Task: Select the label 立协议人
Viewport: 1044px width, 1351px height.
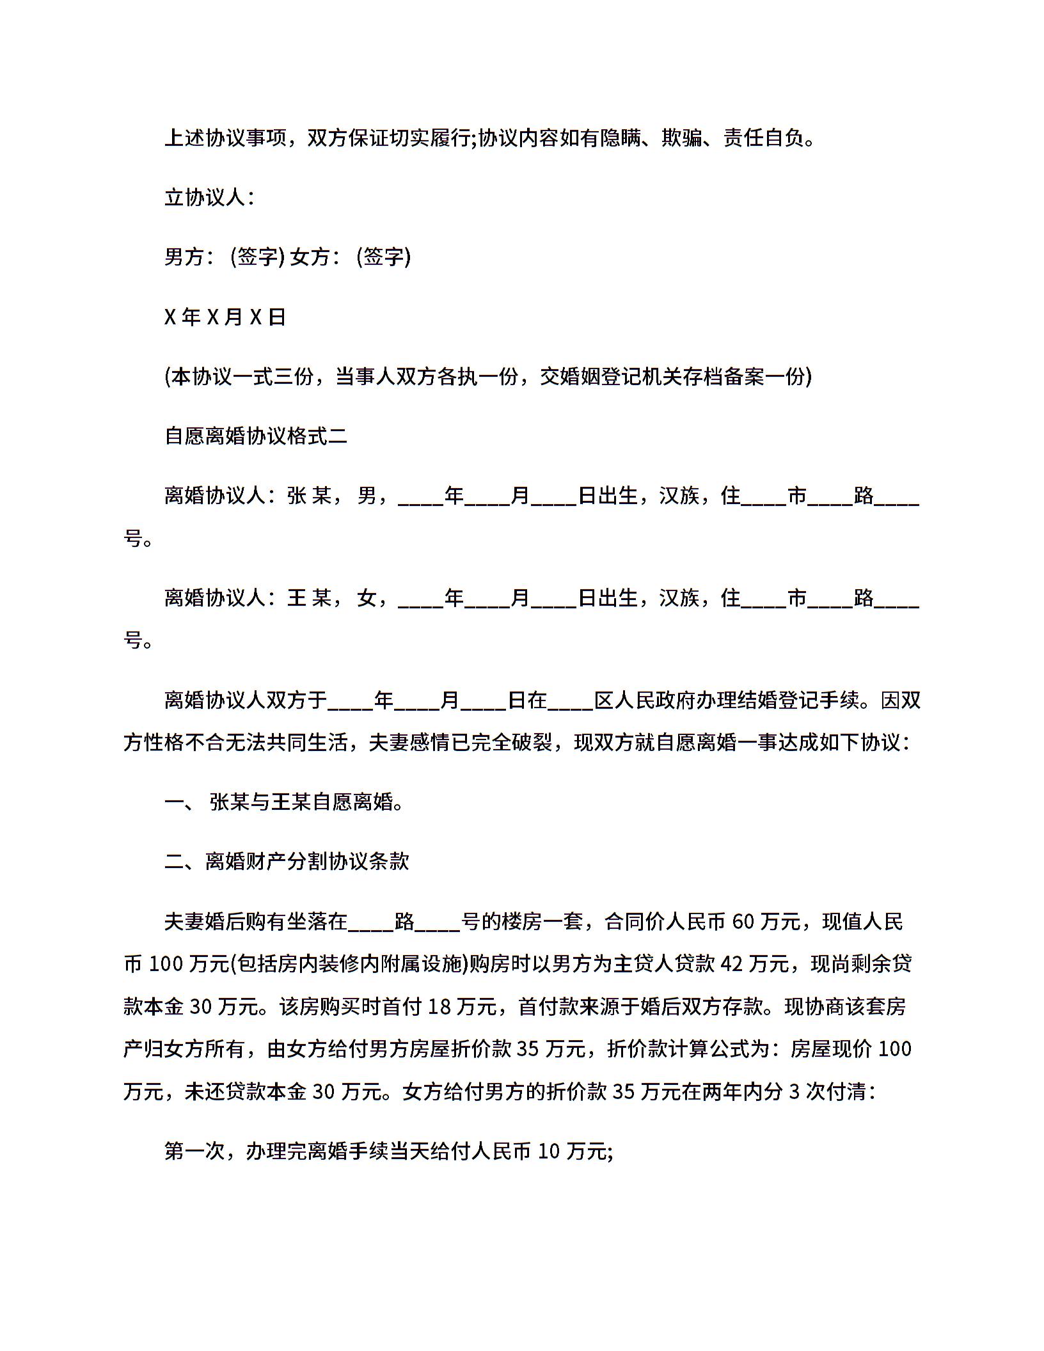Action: [205, 198]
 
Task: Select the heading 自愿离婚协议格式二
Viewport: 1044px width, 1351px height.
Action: [256, 436]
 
